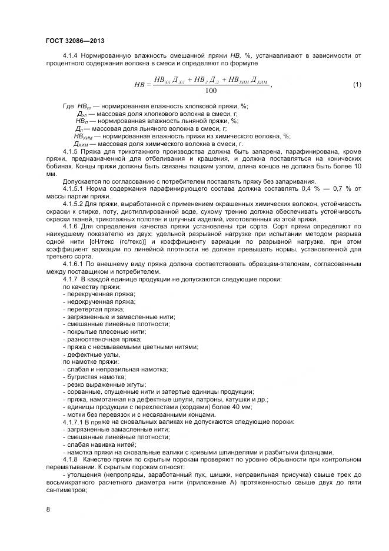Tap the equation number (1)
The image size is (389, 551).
point(357,85)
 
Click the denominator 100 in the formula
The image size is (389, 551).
point(211,91)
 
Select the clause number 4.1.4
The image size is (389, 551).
point(71,55)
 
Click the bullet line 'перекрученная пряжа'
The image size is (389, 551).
point(101,294)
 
